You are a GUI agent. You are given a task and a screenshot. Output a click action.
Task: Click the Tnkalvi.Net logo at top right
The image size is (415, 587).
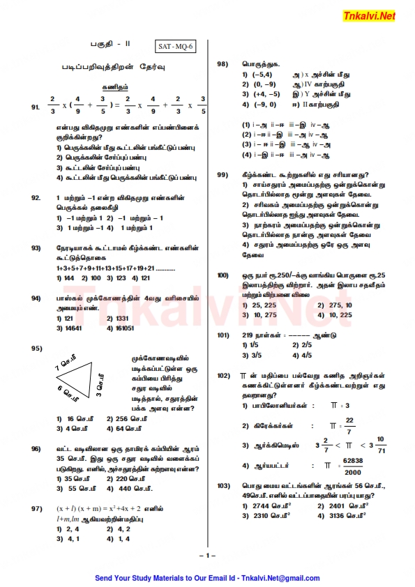click(369, 15)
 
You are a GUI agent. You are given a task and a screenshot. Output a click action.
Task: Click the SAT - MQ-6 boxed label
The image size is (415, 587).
click(176, 47)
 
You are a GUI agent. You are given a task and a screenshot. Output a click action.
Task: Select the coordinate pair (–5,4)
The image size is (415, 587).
click(262, 74)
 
